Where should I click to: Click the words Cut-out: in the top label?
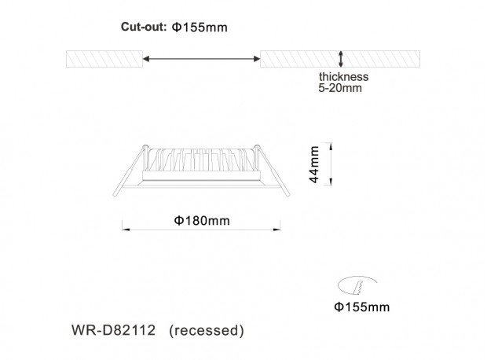(144, 27)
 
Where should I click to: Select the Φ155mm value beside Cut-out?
(200, 28)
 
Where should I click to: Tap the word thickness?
(343, 76)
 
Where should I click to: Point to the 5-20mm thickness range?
(340, 88)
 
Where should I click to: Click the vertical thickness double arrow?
(341, 59)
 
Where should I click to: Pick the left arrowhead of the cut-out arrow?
(146, 59)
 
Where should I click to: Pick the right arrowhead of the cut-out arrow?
(257, 59)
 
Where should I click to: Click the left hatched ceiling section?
(104, 59)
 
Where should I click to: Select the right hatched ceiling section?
(340, 59)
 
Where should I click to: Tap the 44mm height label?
(314, 164)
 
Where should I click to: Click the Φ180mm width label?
(202, 221)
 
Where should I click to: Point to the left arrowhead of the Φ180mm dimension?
(126, 230)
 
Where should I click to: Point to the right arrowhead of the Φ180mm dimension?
(276, 230)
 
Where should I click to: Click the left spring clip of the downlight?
(130, 171)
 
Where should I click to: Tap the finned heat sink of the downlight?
(202, 160)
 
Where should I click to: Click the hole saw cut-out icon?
(357, 285)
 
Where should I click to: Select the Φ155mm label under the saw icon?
(362, 307)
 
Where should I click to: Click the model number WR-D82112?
(113, 330)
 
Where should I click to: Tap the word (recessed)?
(207, 330)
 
